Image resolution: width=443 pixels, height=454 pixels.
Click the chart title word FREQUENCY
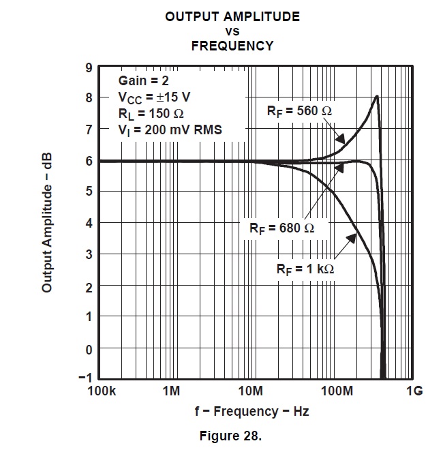(x=232, y=46)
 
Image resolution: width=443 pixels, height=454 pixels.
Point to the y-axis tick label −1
(x=85, y=378)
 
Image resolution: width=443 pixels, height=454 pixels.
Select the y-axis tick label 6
(x=89, y=160)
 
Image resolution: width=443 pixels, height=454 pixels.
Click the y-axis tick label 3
(x=89, y=254)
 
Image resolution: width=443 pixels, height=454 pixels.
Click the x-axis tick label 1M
(x=172, y=391)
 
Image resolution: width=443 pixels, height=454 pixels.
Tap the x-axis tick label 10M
(x=251, y=391)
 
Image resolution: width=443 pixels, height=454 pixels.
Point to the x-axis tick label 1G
(x=414, y=391)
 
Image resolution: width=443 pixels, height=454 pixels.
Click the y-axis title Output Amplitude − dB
(x=47, y=223)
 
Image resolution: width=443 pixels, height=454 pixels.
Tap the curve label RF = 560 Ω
(x=301, y=111)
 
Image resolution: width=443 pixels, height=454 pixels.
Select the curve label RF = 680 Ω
(x=281, y=228)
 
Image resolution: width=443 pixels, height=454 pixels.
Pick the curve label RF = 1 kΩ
(x=305, y=269)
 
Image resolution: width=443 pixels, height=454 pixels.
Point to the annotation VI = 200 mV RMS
(x=170, y=129)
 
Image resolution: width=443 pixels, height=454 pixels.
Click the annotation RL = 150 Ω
(x=151, y=112)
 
